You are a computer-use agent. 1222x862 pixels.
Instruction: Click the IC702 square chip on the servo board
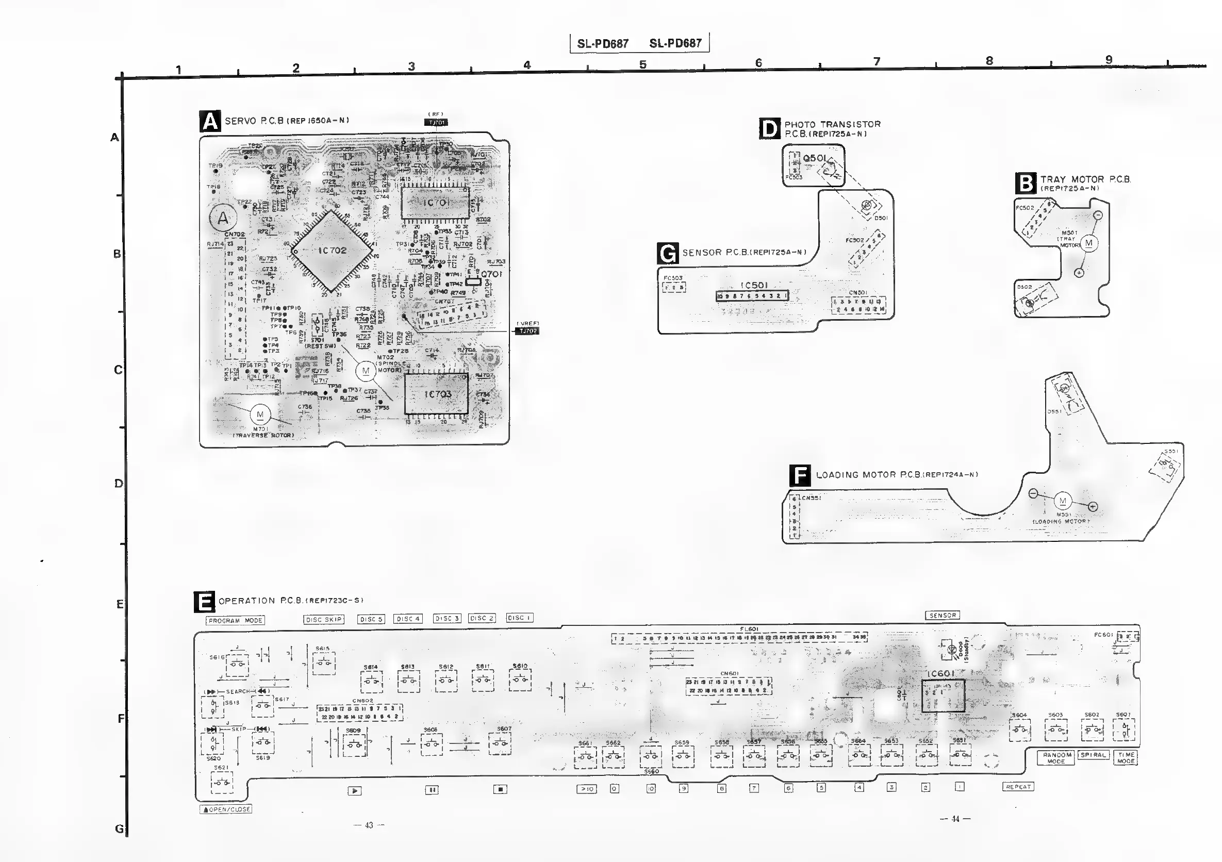click(x=332, y=251)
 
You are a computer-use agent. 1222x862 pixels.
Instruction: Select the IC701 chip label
click(x=436, y=203)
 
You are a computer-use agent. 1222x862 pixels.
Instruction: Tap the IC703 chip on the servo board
click(x=436, y=394)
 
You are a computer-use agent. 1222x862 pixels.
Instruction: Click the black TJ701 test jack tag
click(x=436, y=122)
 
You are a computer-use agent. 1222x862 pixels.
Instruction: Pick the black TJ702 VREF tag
click(x=527, y=331)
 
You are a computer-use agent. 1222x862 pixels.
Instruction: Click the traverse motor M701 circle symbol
click(x=260, y=415)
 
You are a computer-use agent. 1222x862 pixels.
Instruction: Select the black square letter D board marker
click(x=770, y=129)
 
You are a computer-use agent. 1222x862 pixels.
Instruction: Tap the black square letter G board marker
click(x=668, y=253)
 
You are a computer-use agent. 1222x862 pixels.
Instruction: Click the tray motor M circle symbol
click(x=1088, y=243)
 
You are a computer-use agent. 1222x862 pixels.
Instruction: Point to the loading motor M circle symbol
click(x=1063, y=501)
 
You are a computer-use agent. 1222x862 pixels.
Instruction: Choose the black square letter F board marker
click(x=799, y=475)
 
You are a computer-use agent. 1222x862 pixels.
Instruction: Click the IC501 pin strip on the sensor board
click(x=752, y=296)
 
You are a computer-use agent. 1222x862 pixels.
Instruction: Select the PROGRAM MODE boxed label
click(x=235, y=620)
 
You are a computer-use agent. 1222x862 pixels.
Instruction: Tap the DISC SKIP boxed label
click(x=324, y=619)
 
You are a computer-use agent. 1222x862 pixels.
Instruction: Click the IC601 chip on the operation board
click(x=943, y=695)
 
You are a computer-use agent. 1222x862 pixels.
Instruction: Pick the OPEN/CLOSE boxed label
click(x=226, y=809)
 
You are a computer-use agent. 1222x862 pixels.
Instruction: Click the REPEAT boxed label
click(x=1018, y=786)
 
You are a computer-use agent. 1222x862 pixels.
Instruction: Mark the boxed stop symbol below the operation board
click(x=500, y=790)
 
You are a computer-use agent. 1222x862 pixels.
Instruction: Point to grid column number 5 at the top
click(x=643, y=65)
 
